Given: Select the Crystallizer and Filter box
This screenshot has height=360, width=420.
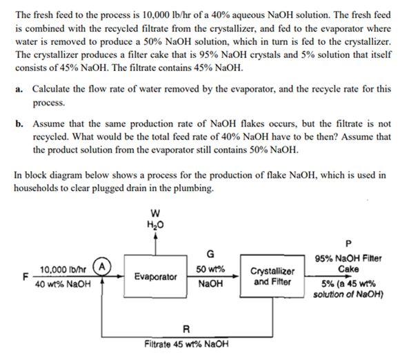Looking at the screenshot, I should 274,277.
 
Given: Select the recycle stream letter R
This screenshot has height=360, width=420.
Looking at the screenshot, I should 186,328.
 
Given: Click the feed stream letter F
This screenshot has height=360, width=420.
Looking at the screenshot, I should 26,277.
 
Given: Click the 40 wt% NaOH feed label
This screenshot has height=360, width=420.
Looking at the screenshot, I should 63,283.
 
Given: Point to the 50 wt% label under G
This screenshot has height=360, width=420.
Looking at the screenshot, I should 210,268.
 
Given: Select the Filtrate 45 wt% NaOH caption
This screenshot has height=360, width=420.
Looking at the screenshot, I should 186,343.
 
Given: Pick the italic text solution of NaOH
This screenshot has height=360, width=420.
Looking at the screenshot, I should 348,295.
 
